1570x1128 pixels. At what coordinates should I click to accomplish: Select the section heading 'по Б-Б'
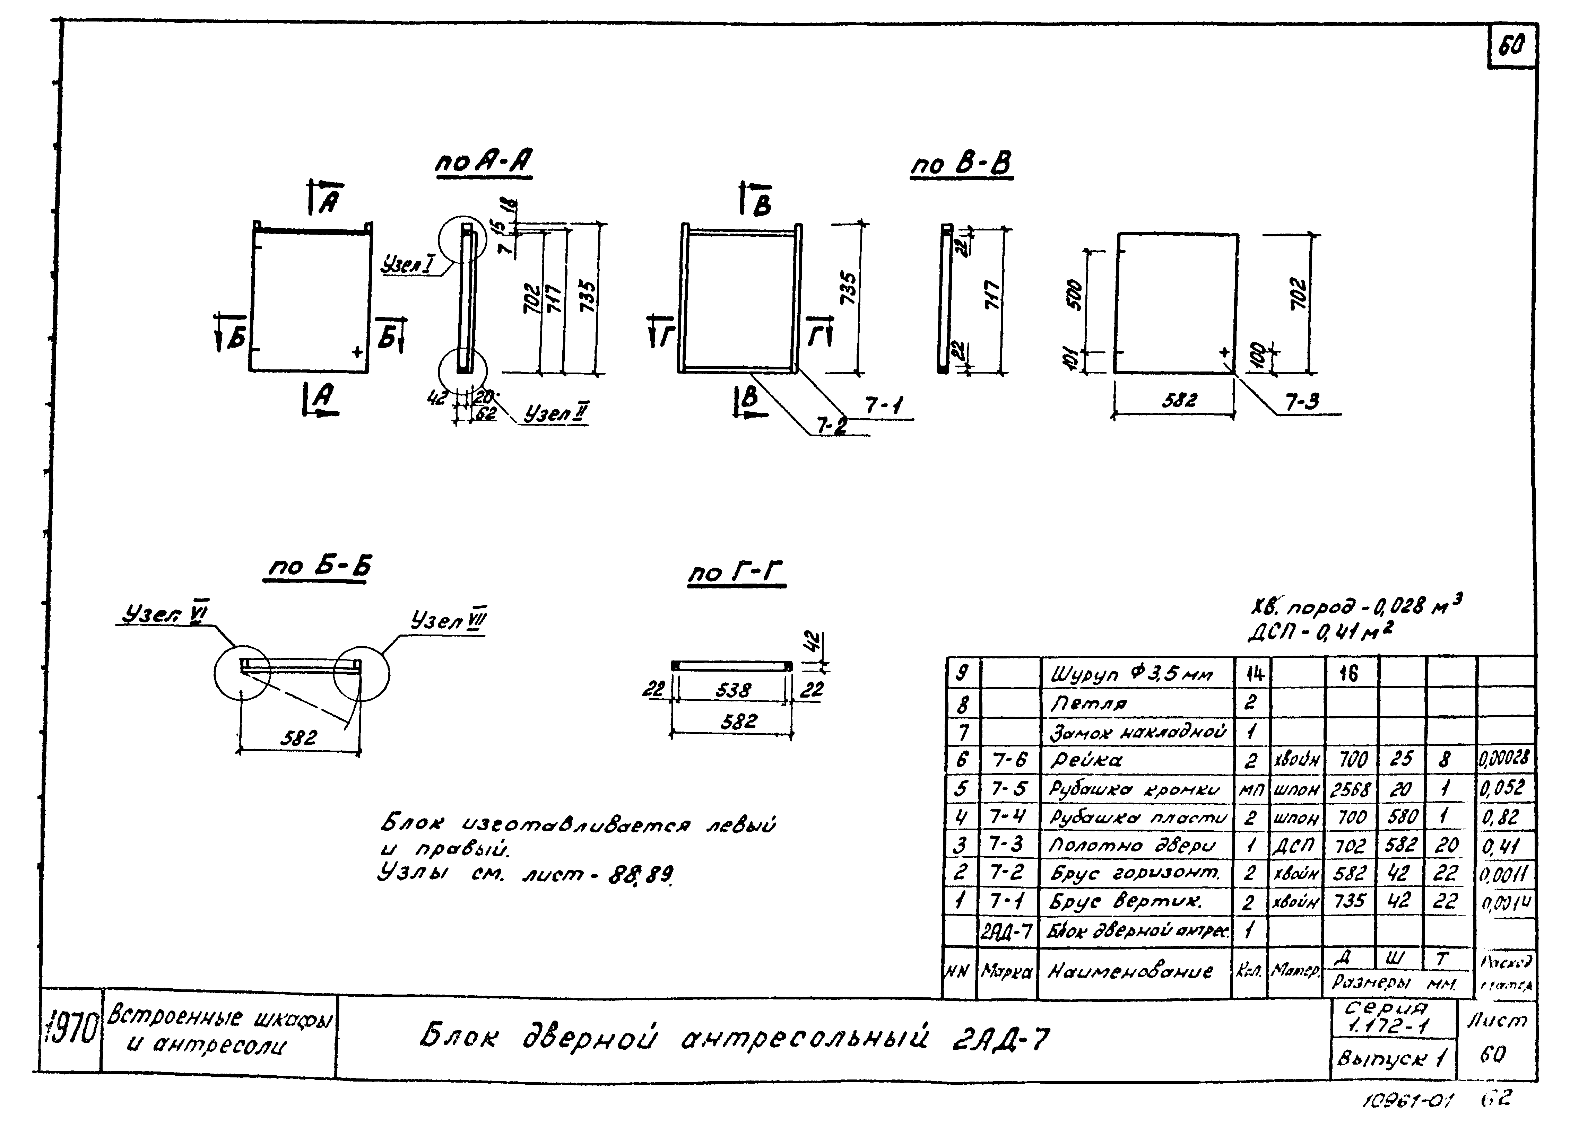click(x=319, y=567)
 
